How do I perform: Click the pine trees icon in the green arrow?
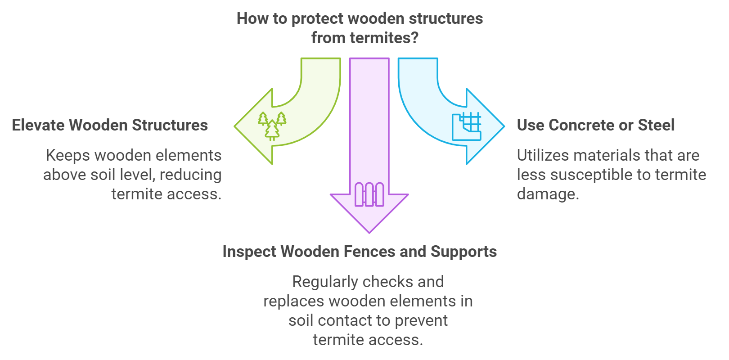click(x=272, y=126)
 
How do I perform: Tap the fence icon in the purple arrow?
click(x=369, y=194)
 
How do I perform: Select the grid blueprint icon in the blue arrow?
click(x=467, y=126)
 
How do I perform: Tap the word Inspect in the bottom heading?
click(x=249, y=252)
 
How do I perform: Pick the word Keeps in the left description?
click(x=68, y=155)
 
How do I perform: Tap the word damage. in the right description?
click(x=548, y=194)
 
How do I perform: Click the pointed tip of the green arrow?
click(x=235, y=126)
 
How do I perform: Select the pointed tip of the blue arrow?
click(x=504, y=126)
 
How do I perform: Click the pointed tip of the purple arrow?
click(x=369, y=232)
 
